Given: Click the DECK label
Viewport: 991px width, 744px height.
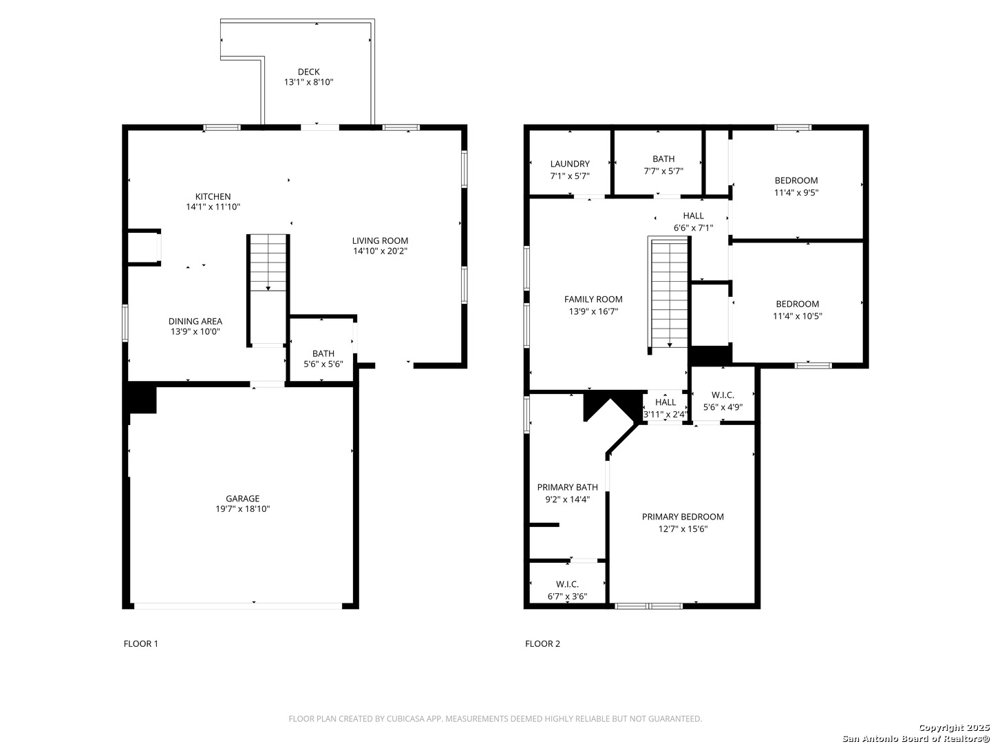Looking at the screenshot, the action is pyautogui.click(x=308, y=72).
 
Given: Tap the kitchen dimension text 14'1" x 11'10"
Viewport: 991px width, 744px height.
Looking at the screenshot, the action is pyautogui.click(x=213, y=207).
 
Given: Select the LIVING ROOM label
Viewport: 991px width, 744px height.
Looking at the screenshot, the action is pyautogui.click(x=380, y=241).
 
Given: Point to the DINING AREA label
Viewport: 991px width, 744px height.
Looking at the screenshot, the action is pyautogui.click(x=195, y=321).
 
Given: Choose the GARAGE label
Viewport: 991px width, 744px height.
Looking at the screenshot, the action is pyautogui.click(x=242, y=498).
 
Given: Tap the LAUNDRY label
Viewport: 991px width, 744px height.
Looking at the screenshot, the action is pyautogui.click(x=570, y=163).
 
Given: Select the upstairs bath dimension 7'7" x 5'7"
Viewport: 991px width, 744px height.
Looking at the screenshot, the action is pyautogui.click(x=663, y=171).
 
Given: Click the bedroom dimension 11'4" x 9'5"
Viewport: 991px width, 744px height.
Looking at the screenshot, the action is pyautogui.click(x=796, y=192).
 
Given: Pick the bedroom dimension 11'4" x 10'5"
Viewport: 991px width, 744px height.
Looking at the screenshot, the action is pyautogui.click(x=798, y=316).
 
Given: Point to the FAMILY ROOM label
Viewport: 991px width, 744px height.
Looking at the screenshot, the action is pyautogui.click(x=593, y=299).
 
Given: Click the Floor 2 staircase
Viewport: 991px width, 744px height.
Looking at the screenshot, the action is pyautogui.click(x=670, y=293).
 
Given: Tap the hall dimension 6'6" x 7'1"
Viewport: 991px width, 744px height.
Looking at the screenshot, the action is pyautogui.click(x=694, y=227).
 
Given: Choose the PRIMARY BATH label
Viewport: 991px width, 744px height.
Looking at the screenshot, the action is pyautogui.click(x=568, y=487).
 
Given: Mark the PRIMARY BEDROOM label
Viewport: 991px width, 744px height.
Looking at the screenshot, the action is pyautogui.click(x=683, y=517).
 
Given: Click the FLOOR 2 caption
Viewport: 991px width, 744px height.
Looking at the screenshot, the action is pyautogui.click(x=542, y=643).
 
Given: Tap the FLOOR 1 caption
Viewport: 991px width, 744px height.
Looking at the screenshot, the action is pyautogui.click(x=141, y=643).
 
